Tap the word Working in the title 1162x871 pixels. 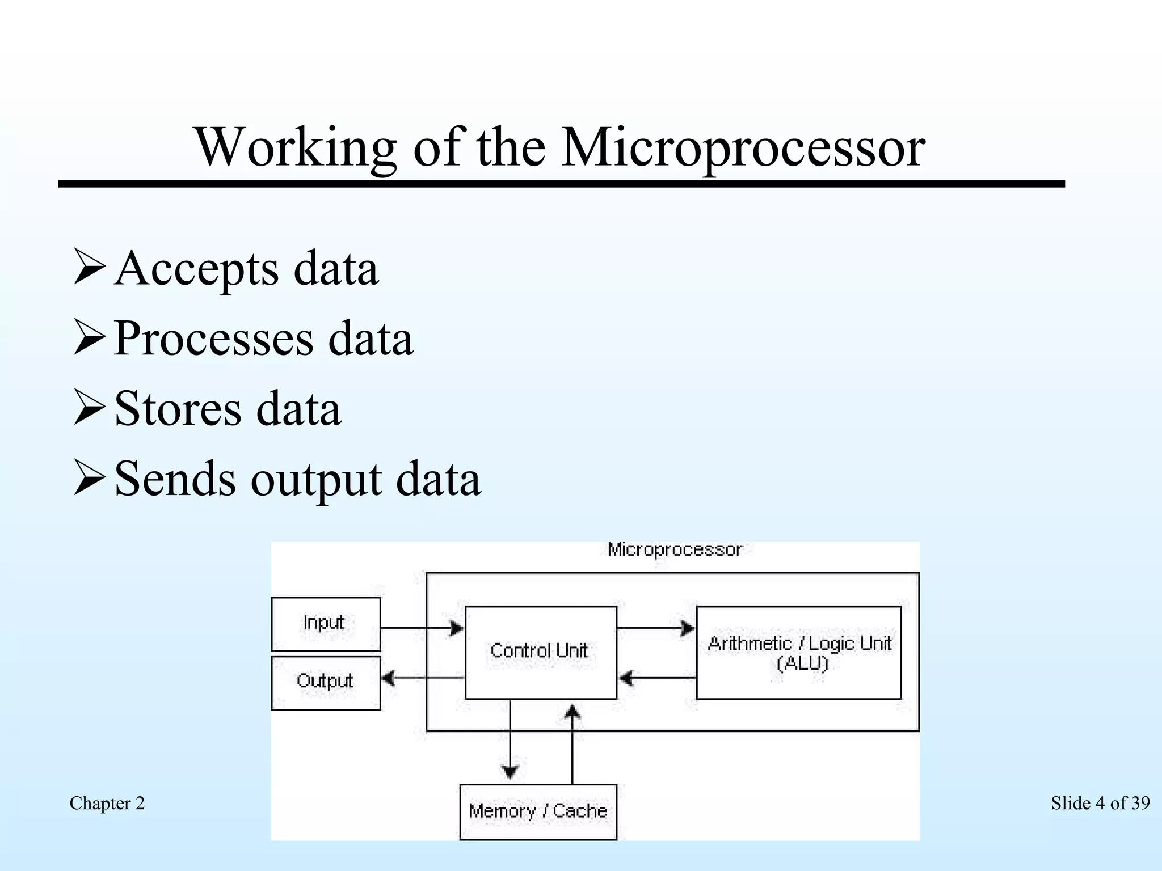point(295,147)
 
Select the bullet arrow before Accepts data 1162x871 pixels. point(89,268)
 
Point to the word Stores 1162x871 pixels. point(178,408)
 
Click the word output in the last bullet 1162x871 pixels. point(316,479)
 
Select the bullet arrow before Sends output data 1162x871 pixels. point(89,479)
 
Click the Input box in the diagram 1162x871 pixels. point(326,624)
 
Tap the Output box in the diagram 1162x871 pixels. point(326,682)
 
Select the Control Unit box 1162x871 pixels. point(540,652)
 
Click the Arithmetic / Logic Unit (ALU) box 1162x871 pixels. point(798,652)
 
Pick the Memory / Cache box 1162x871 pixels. point(538,811)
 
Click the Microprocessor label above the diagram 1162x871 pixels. point(675,549)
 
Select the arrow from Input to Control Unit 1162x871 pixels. point(422,628)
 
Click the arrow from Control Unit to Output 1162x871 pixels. point(422,678)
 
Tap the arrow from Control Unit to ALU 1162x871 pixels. point(655,628)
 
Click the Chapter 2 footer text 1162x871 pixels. point(107,804)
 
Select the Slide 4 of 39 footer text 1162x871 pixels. point(1100,804)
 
